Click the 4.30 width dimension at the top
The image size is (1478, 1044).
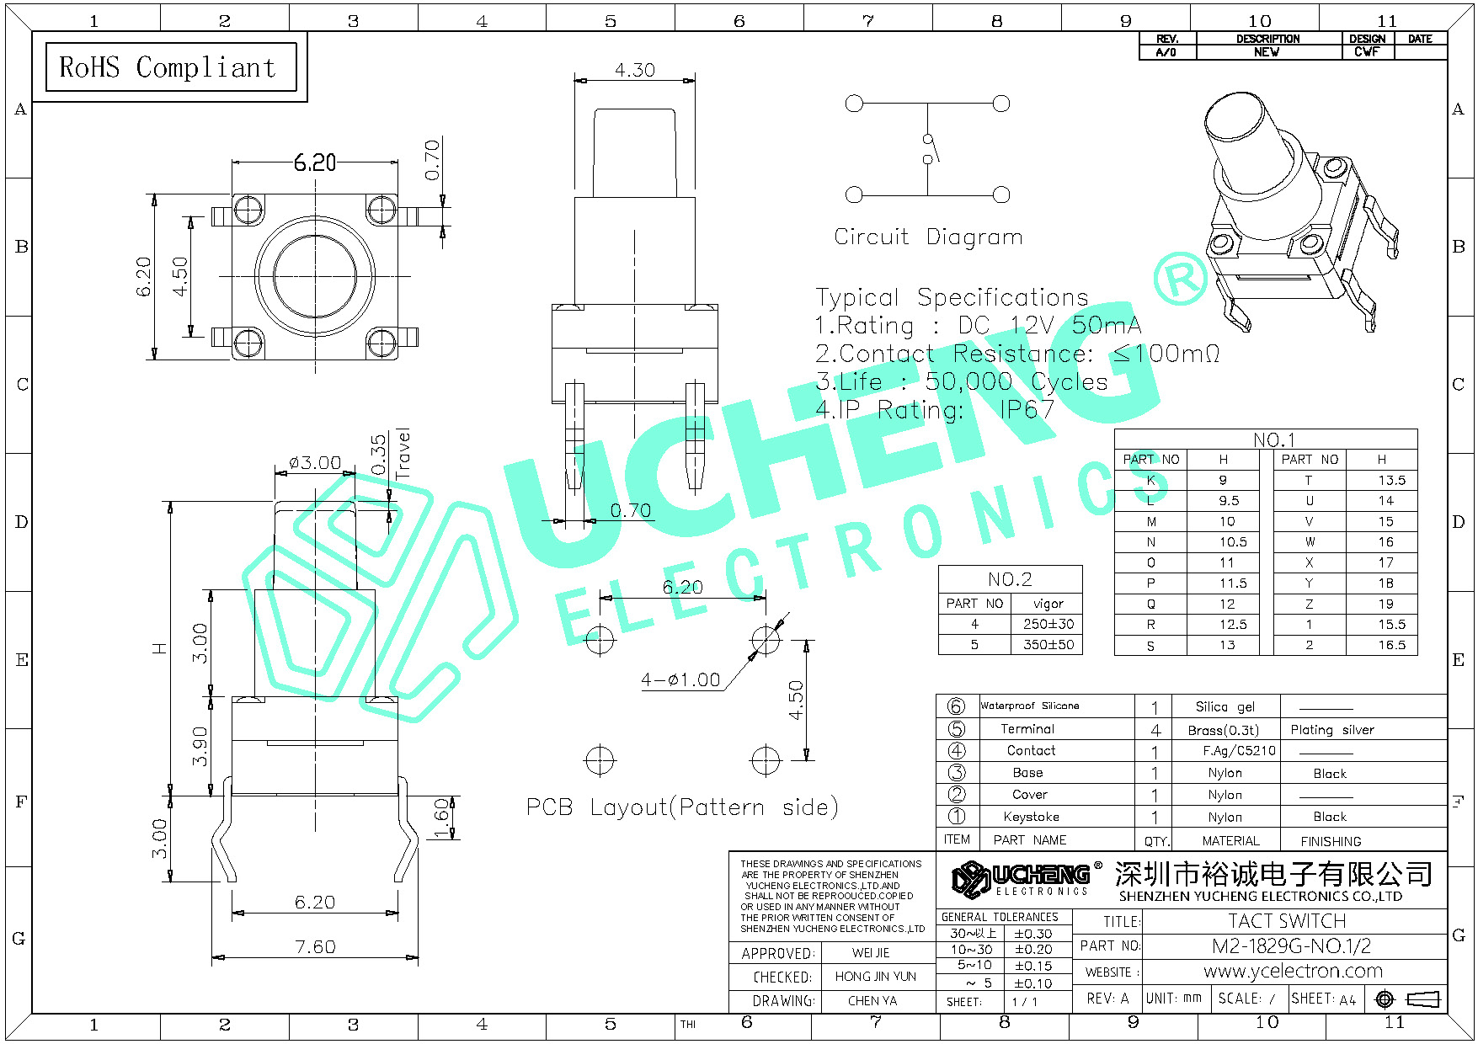click(634, 70)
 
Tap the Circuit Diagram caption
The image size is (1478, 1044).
click(928, 237)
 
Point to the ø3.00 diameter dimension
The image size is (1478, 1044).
click(314, 462)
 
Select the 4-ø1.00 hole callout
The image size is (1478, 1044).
click(680, 679)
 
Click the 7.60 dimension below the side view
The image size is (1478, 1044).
click(315, 947)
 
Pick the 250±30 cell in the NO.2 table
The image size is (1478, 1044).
click(1048, 624)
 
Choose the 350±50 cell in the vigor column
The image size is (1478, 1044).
click(1048, 645)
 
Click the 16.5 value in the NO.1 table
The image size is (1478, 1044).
click(1391, 645)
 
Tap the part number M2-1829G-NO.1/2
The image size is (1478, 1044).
click(1291, 945)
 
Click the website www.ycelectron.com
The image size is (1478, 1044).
click(1293, 971)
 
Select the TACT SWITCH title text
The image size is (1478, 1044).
click(1287, 921)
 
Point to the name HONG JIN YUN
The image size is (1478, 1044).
click(875, 977)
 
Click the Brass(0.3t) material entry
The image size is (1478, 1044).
click(1223, 730)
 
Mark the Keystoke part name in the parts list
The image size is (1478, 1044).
click(1031, 817)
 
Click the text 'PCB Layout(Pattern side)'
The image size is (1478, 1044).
click(682, 807)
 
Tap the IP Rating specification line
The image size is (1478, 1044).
click(935, 410)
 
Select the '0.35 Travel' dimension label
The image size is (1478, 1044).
click(389, 455)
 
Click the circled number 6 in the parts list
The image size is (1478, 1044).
click(956, 706)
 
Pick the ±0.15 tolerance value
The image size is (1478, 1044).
click(1032, 966)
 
